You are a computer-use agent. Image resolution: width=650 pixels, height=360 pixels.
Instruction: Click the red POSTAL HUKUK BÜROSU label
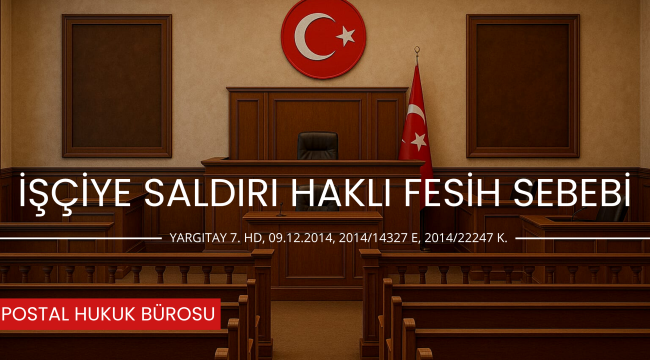109,314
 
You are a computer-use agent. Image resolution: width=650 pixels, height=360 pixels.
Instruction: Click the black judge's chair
317,146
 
